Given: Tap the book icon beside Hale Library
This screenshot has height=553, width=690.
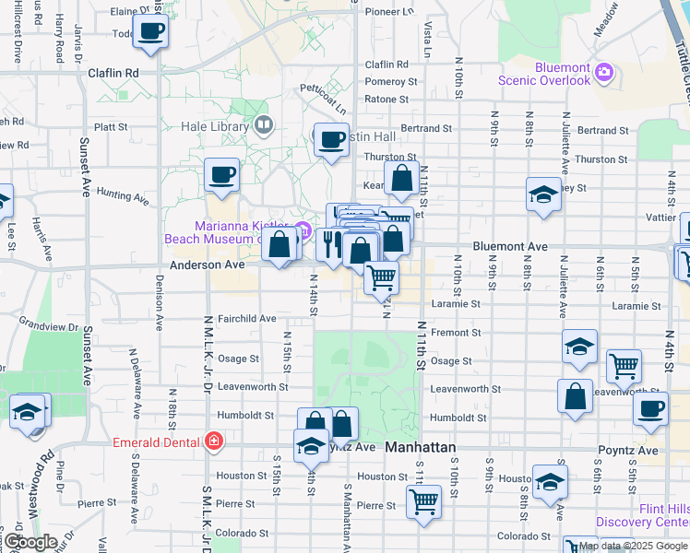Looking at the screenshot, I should (x=265, y=124).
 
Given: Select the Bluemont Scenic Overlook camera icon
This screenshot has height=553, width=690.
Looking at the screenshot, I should (x=604, y=71).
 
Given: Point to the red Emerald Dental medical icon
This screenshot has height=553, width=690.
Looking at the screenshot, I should (x=213, y=442).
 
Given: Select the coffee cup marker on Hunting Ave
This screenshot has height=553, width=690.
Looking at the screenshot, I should (x=222, y=173).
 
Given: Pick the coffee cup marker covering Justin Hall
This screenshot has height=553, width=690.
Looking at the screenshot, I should (x=331, y=139).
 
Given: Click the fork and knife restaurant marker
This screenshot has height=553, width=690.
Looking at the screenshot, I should (x=331, y=243).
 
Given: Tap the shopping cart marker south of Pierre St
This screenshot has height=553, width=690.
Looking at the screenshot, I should (x=423, y=501).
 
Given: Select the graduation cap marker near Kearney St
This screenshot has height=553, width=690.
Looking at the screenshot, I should (x=544, y=194).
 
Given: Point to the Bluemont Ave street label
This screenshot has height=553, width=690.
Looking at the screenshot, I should (x=510, y=247).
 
